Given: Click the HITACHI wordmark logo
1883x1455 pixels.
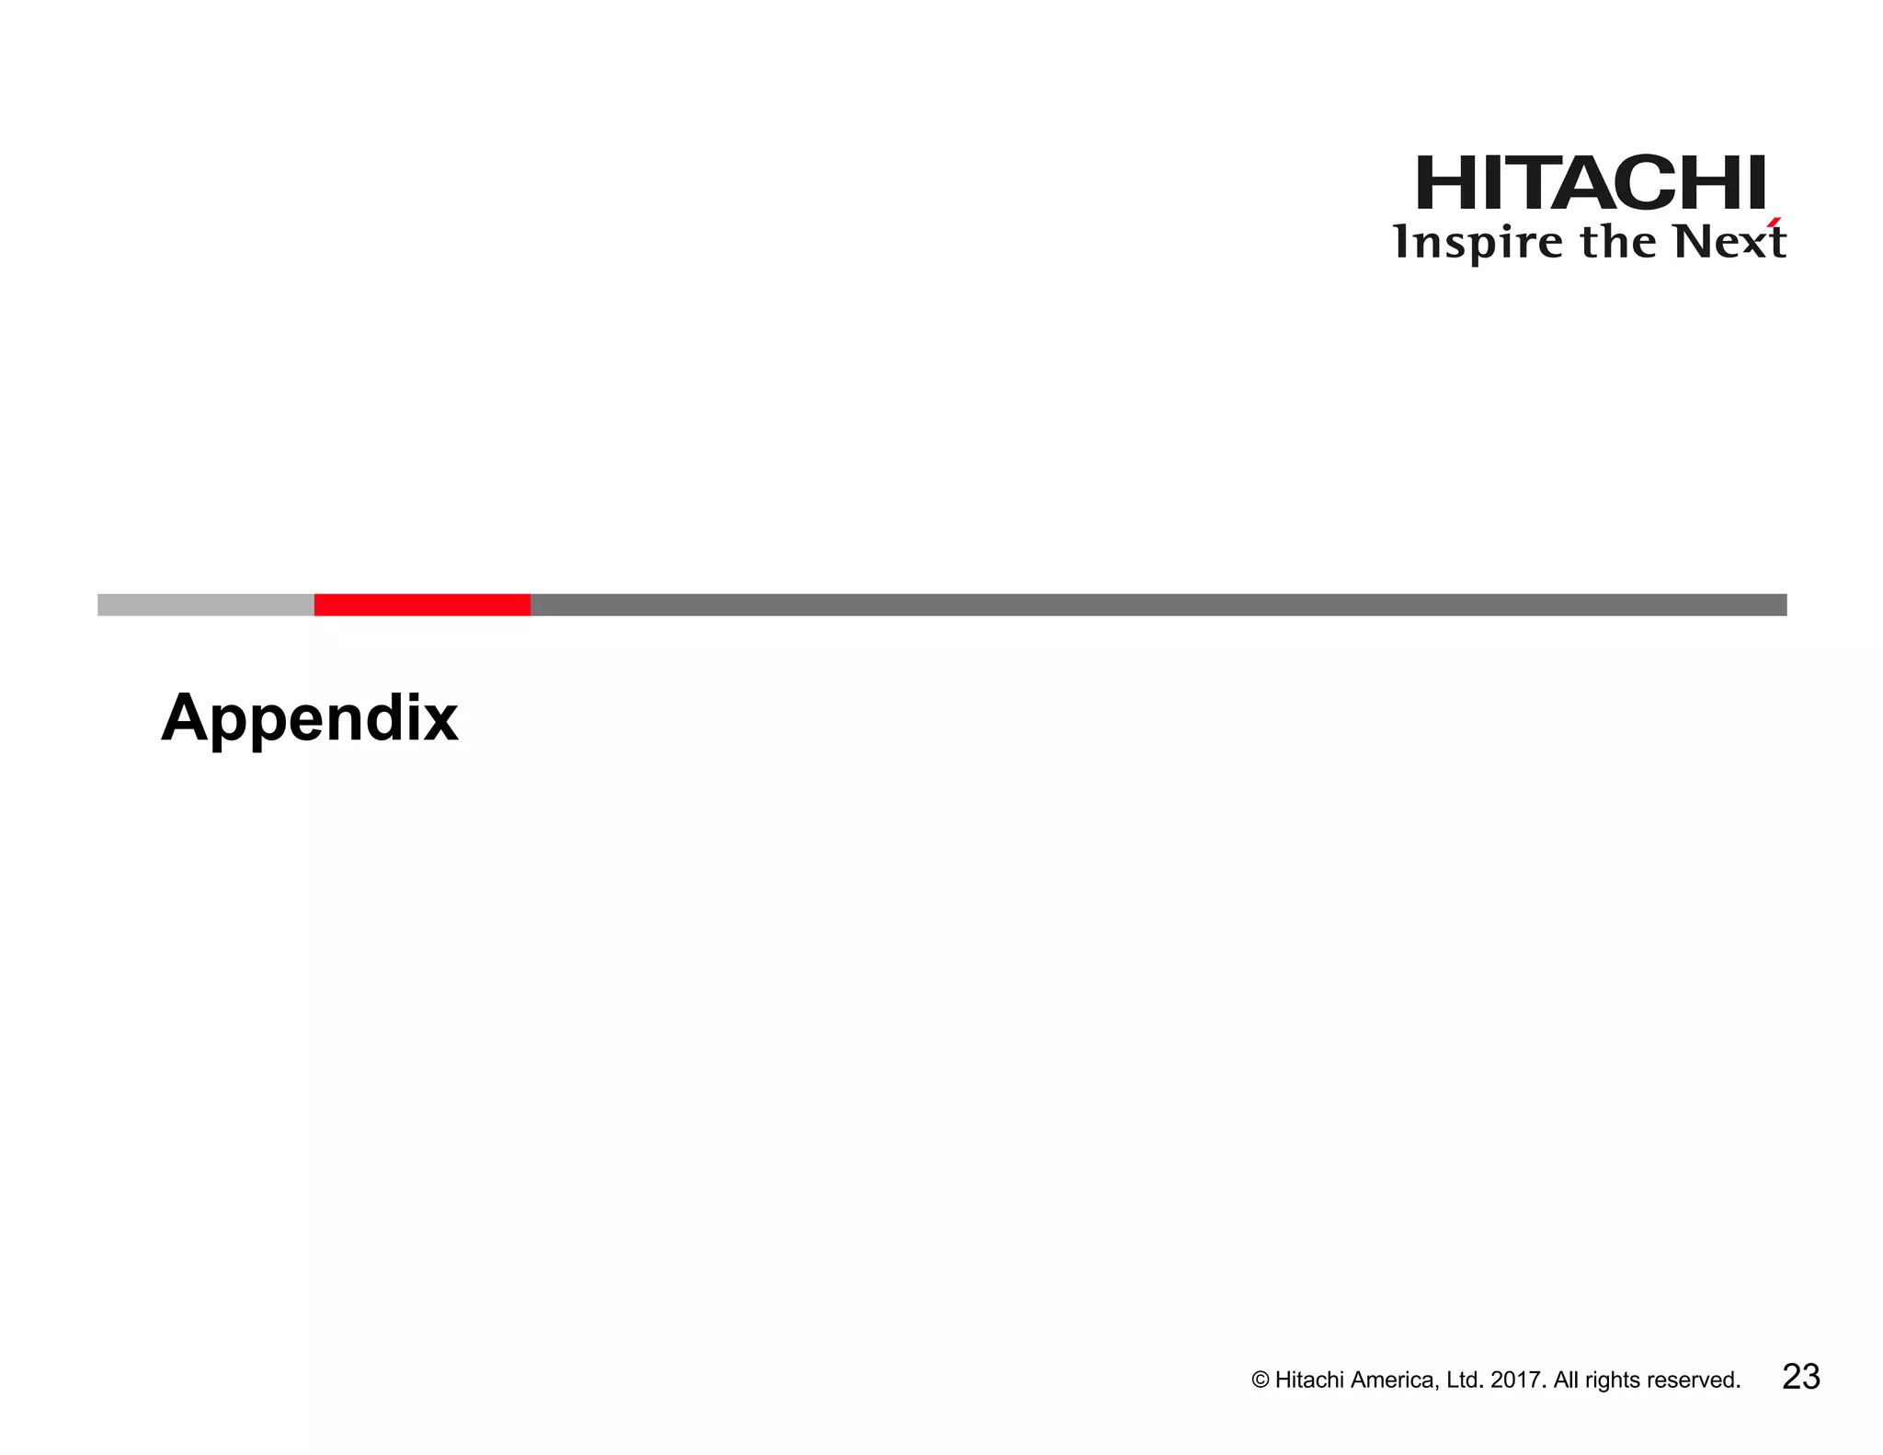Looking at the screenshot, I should click(x=1591, y=183).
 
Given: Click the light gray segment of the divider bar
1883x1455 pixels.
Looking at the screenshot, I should click(x=205, y=604).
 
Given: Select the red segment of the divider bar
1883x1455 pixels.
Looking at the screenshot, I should click(x=422, y=604).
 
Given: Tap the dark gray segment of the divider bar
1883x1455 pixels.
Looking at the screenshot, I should click(x=1158, y=604).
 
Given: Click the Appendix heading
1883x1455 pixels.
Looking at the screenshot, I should click(x=309, y=717).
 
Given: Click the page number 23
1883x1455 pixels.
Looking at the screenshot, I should click(x=1800, y=1377).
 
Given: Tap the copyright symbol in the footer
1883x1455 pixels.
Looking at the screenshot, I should click(x=1261, y=1381).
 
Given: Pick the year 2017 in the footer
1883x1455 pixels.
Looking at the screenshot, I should click(x=1520, y=1381).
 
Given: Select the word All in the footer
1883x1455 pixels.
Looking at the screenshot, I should click(x=1566, y=1381).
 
